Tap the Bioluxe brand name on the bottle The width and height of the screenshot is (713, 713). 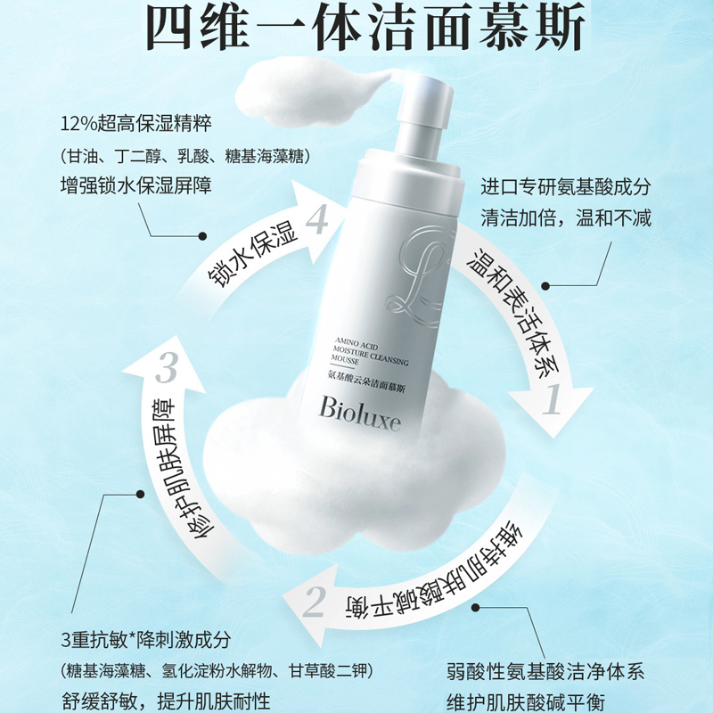[x=360, y=413]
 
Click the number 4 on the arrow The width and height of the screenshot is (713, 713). [x=317, y=220]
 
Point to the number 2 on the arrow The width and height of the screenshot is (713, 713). [x=315, y=601]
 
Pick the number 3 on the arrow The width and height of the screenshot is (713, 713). [x=167, y=367]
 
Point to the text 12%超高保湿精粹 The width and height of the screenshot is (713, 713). [x=136, y=124]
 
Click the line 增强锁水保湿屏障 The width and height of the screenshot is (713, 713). [x=136, y=185]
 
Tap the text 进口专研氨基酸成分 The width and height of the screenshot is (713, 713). [x=566, y=187]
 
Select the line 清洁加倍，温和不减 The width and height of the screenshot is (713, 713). [x=566, y=217]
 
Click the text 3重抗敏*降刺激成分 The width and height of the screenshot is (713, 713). [x=146, y=640]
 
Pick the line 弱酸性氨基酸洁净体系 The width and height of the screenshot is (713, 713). [x=545, y=672]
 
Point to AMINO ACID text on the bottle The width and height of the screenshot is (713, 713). [x=356, y=343]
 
